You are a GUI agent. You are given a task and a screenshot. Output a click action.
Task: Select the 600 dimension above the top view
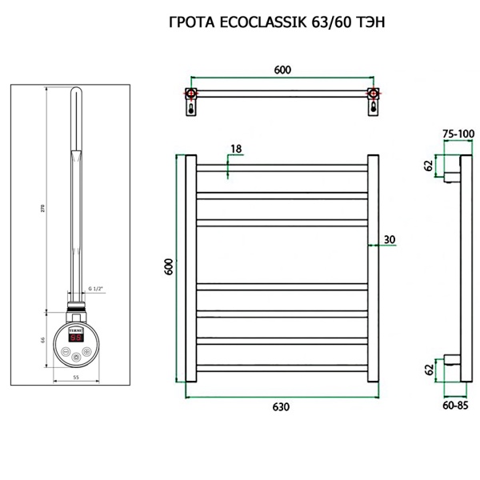coord(282,70)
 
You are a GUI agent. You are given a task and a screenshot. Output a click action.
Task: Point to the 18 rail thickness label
coord(235,149)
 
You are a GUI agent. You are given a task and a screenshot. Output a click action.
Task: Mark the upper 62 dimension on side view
coord(429,166)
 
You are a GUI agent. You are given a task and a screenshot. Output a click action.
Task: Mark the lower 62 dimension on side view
coord(429,369)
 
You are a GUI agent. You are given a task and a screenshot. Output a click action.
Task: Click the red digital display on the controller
coord(76,338)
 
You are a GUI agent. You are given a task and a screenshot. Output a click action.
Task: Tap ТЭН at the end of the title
coord(369,22)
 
